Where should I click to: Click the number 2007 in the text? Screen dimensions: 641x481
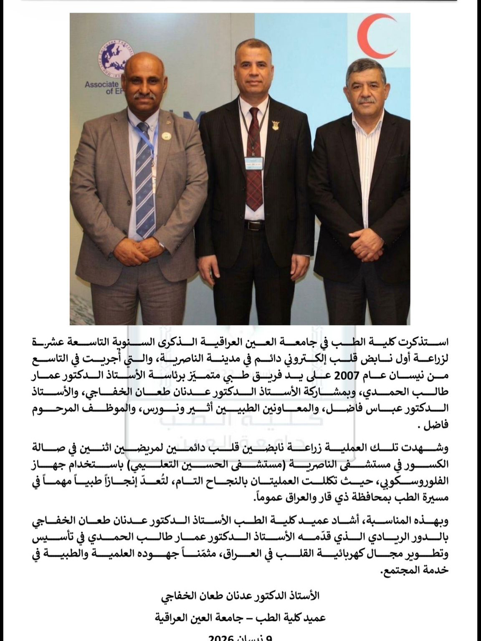[347, 374]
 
